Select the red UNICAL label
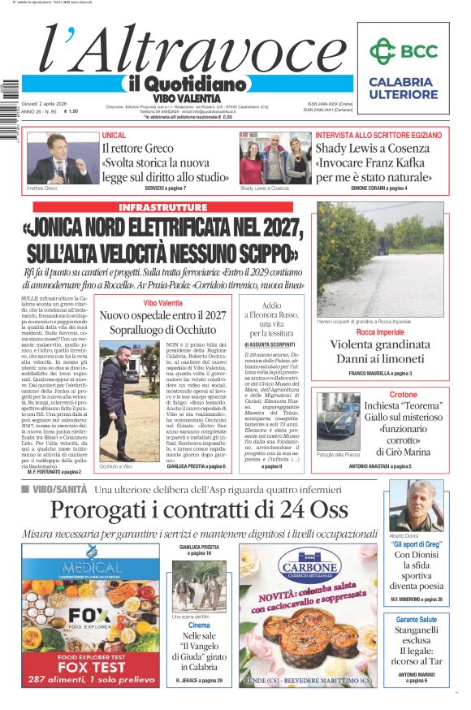pyautogui.click(x=114, y=135)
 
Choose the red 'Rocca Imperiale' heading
pyautogui.click(x=380, y=332)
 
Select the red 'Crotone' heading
pyautogui.click(x=403, y=395)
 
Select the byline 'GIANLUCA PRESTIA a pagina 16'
pyautogui.click(x=199, y=550)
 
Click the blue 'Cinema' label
pyautogui.click(x=199, y=626)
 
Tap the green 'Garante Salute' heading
pyautogui.click(x=416, y=619)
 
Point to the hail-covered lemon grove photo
pyautogui.click(x=380, y=260)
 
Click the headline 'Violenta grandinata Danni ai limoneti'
pyautogui.click(x=380, y=351)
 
